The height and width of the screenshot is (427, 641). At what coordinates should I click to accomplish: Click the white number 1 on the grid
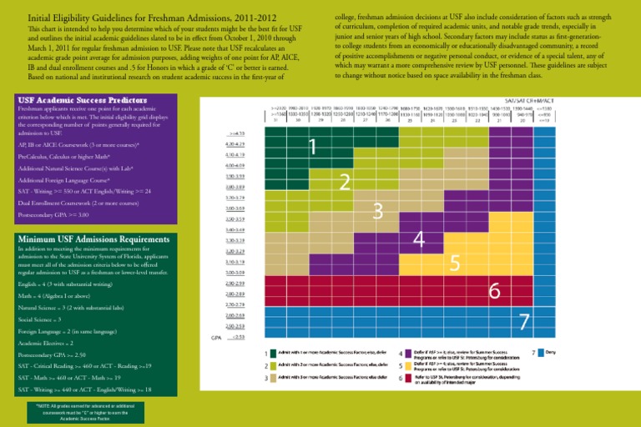[311, 148]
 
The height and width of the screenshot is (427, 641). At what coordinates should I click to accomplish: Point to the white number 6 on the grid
[494, 291]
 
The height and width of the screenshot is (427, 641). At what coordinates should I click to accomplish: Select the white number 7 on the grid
[524, 321]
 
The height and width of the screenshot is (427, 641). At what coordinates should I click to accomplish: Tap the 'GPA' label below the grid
[215, 339]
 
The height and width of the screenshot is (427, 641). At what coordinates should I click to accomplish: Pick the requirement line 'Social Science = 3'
[41, 319]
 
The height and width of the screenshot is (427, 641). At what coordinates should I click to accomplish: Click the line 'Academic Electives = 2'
[47, 343]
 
